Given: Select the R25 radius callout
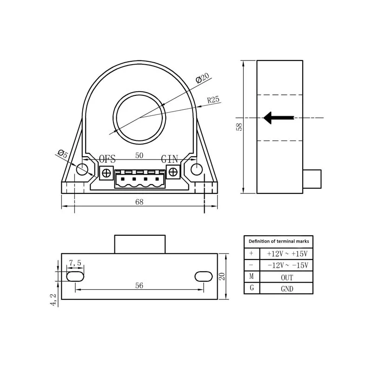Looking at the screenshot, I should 213,100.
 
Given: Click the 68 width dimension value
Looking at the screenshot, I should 139,202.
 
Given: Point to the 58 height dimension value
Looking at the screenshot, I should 239,126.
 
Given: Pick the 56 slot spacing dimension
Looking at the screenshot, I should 139,286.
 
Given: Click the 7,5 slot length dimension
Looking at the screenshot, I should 75,263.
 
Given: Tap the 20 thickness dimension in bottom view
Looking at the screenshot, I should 222,276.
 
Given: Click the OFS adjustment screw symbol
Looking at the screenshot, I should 106,173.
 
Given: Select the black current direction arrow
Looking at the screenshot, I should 278,118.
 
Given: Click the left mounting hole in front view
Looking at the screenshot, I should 82,169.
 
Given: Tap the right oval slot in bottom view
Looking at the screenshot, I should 203,276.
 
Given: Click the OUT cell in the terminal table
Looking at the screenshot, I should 287,277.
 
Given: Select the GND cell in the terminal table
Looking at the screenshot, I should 287,289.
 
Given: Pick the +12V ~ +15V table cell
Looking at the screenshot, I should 287,254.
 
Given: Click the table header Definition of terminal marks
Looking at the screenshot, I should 279,241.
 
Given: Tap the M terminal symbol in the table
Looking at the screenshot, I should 252,277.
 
